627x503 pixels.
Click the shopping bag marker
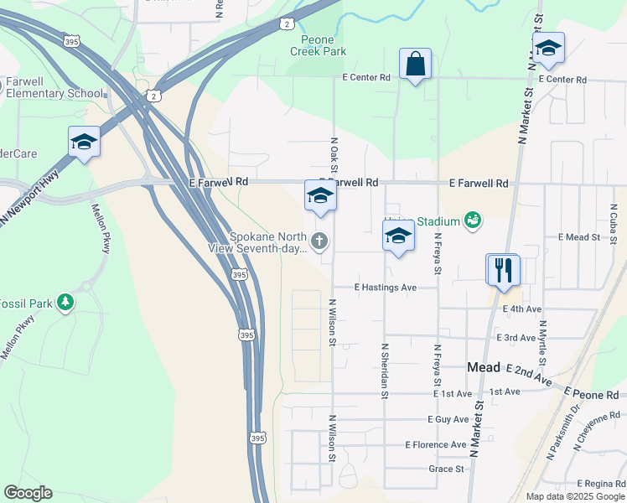[x=416, y=65]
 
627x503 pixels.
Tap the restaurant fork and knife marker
[x=503, y=270]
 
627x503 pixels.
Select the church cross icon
[x=319, y=241]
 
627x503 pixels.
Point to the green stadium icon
[x=473, y=221]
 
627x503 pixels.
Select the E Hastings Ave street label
[x=385, y=287]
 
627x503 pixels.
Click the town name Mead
[x=483, y=367]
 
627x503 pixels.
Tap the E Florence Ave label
[x=435, y=444]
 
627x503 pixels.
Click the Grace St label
[x=446, y=469]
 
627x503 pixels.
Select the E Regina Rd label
[x=601, y=485]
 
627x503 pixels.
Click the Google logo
[x=28, y=493]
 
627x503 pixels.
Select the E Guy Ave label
[x=448, y=419]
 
